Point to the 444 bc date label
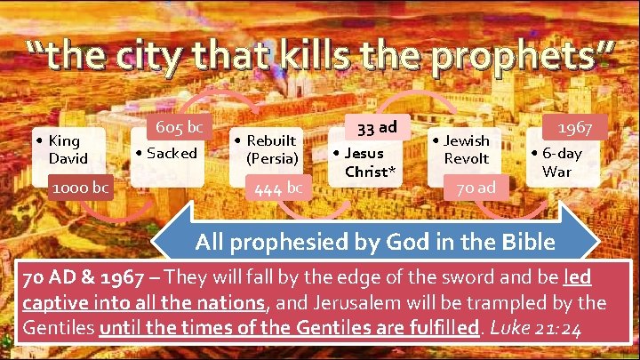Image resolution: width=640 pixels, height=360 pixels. [x=279, y=188]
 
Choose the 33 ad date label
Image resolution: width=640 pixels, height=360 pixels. [x=376, y=125]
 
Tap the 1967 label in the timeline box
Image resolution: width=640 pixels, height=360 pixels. [x=578, y=128]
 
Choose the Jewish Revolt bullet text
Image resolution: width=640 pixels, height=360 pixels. [x=466, y=149]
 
